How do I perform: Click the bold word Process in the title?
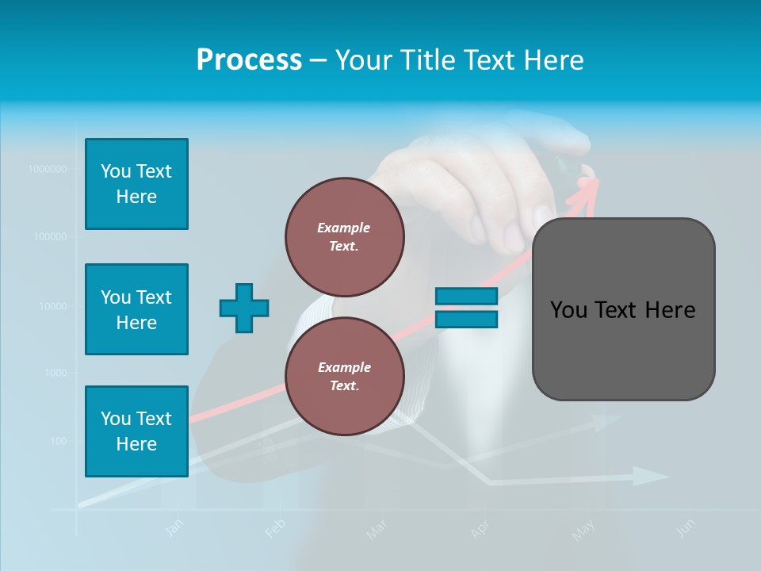point(249,60)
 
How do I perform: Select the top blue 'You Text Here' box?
point(136,184)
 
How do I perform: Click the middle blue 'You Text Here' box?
point(136,309)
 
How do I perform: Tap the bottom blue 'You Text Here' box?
point(136,431)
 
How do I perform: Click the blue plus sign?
point(244,308)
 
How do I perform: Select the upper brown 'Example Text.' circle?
point(344,236)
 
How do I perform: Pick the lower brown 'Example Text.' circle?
point(344,376)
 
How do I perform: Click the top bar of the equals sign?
point(466,297)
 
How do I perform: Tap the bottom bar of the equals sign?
point(466,319)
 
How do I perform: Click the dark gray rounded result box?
point(623,309)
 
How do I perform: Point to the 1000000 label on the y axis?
point(47,169)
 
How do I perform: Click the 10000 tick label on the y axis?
point(52,305)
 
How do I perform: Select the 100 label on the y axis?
point(59,441)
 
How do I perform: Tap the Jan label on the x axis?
point(175,527)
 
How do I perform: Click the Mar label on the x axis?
point(377,529)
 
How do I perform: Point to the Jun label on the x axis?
point(686,527)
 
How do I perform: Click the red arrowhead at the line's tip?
point(587,187)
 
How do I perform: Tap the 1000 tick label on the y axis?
point(56,373)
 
